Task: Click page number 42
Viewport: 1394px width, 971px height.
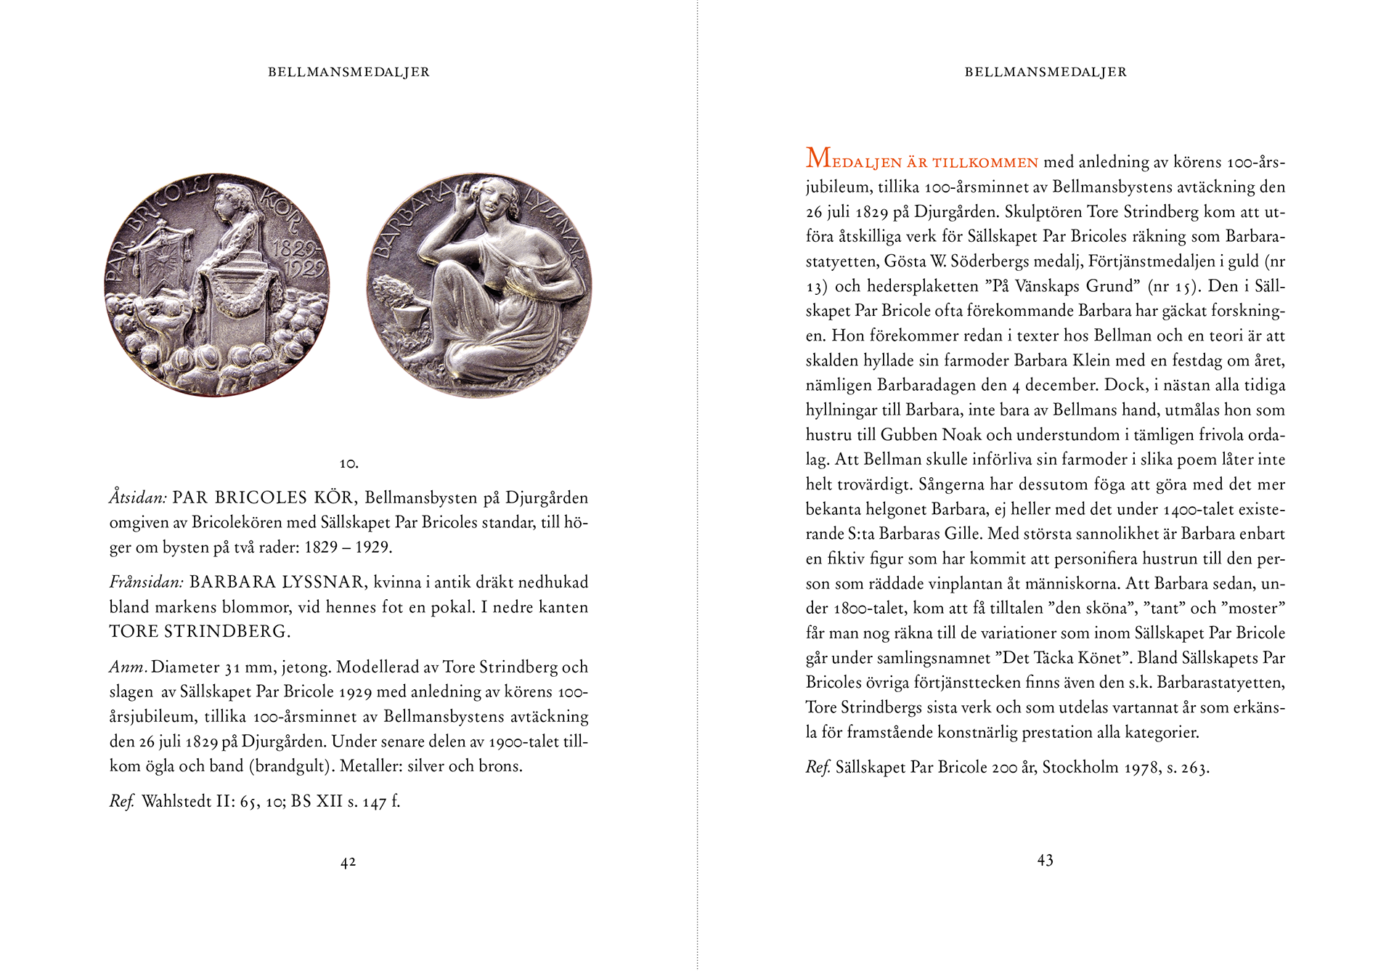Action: pyautogui.click(x=348, y=862)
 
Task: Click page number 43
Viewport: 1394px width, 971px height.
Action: pyautogui.click(x=1045, y=861)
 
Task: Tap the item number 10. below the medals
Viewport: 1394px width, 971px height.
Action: pyautogui.click(x=348, y=463)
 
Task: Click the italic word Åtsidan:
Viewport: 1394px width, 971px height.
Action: pyautogui.click(x=138, y=497)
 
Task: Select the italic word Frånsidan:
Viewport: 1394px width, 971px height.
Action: pyautogui.click(x=146, y=582)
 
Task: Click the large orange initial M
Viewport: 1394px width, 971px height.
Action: pyautogui.click(x=818, y=158)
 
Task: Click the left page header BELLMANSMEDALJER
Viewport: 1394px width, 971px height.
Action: pyautogui.click(x=348, y=72)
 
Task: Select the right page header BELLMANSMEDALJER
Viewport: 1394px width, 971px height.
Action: pyautogui.click(x=1045, y=72)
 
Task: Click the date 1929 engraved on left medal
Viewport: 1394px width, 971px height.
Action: pyautogui.click(x=303, y=269)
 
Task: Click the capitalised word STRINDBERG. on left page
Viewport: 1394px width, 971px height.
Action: pyautogui.click(x=227, y=631)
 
